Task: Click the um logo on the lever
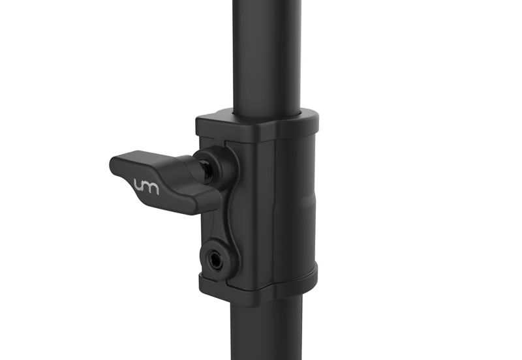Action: (146, 187)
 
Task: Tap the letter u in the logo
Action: (139, 185)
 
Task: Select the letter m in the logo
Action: (152, 188)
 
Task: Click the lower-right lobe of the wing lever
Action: (203, 203)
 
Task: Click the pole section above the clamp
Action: (267, 57)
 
